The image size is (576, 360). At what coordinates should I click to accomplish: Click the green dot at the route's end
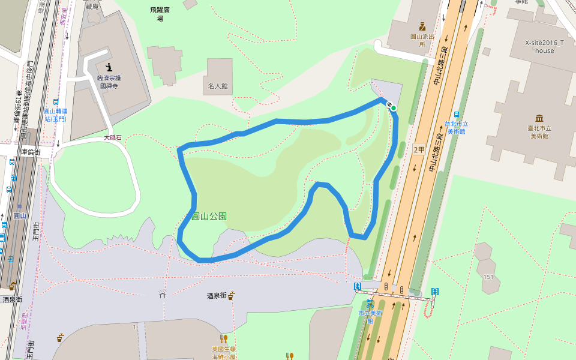[394, 108]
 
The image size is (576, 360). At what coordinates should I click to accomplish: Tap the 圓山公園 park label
[209, 216]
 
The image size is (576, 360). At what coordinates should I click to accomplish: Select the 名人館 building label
[218, 86]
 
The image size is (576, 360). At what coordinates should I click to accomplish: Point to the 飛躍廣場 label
[160, 14]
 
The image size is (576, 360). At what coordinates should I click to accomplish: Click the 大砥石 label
[112, 138]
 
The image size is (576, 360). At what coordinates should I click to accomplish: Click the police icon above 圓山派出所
[422, 26]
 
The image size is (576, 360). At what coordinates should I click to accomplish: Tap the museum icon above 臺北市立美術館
[539, 118]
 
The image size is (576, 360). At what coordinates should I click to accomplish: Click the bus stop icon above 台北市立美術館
[457, 115]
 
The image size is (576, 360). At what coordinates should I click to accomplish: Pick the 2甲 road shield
[418, 149]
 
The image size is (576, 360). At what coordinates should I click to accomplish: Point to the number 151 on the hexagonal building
[489, 277]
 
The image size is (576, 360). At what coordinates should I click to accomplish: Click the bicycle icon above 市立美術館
[370, 304]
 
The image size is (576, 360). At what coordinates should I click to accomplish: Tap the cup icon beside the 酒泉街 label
[231, 295]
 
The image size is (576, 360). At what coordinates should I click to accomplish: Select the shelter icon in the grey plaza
[162, 294]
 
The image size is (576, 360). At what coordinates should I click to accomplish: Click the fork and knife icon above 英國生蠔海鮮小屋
[224, 338]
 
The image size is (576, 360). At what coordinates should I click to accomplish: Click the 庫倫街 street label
[30, 152]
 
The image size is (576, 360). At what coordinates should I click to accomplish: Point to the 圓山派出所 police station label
[422, 40]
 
